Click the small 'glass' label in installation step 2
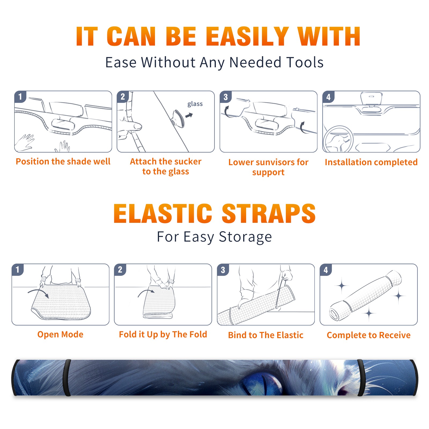195,104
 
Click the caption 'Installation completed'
371,162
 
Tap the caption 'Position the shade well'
63,161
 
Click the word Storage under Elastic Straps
245,237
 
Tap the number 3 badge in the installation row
225,97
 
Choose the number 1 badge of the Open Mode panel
18,270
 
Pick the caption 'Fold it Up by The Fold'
163,334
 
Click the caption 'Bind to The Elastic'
266,335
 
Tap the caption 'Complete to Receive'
369,335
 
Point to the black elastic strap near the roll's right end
361,378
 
